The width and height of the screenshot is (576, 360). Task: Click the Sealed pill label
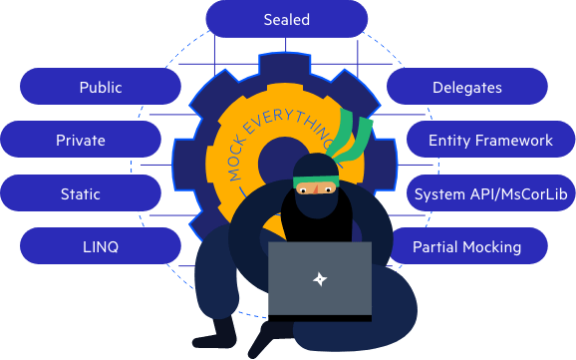pos(287,19)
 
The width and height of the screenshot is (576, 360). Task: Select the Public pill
pos(101,87)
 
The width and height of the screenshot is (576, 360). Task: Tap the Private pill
pos(81,140)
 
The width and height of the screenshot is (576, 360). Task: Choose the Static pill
pos(81,193)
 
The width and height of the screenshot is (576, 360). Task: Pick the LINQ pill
pos(101,245)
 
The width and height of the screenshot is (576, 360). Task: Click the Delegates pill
pos(467,87)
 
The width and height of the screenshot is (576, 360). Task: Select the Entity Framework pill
pos(490,140)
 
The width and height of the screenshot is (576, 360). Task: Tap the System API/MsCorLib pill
pos(490,193)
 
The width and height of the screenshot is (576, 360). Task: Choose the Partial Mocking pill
pos(467,245)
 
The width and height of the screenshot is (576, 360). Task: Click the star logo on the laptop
pos(320,279)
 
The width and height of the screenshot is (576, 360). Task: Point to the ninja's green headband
pos(316,180)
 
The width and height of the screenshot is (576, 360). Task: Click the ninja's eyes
pos(316,189)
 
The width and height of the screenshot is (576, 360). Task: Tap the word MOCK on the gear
pos(236,159)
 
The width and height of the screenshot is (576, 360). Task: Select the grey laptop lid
pos(320,278)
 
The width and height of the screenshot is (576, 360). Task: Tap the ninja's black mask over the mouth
pos(317,205)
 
